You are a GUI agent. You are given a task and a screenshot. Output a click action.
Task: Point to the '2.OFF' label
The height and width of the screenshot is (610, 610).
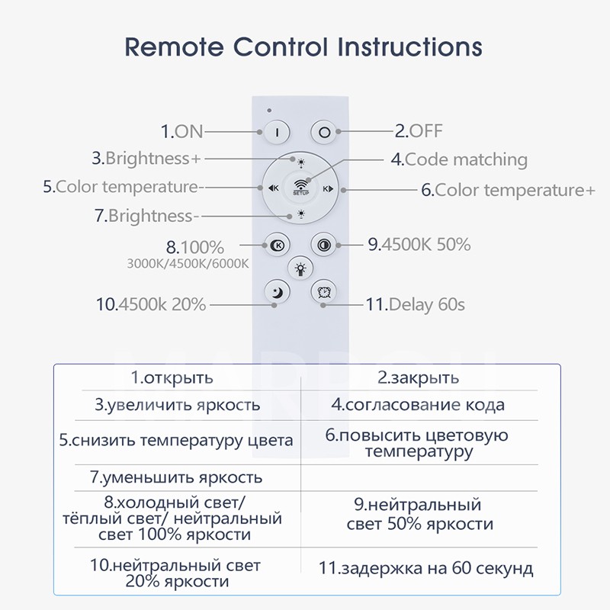419,130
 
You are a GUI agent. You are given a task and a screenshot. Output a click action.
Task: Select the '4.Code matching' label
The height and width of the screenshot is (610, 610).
459,159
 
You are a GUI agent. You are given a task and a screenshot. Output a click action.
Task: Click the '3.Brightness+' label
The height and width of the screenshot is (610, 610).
147,159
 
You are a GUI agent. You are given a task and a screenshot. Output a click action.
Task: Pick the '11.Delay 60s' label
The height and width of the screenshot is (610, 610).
415,305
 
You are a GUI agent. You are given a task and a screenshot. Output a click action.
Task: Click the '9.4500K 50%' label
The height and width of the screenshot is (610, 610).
419,245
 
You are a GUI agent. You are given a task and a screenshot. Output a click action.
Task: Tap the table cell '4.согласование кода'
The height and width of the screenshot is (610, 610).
418,405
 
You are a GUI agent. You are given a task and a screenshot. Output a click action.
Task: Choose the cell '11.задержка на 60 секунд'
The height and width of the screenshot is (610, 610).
426,568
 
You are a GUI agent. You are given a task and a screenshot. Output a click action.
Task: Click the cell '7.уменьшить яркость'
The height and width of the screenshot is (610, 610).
176,478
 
